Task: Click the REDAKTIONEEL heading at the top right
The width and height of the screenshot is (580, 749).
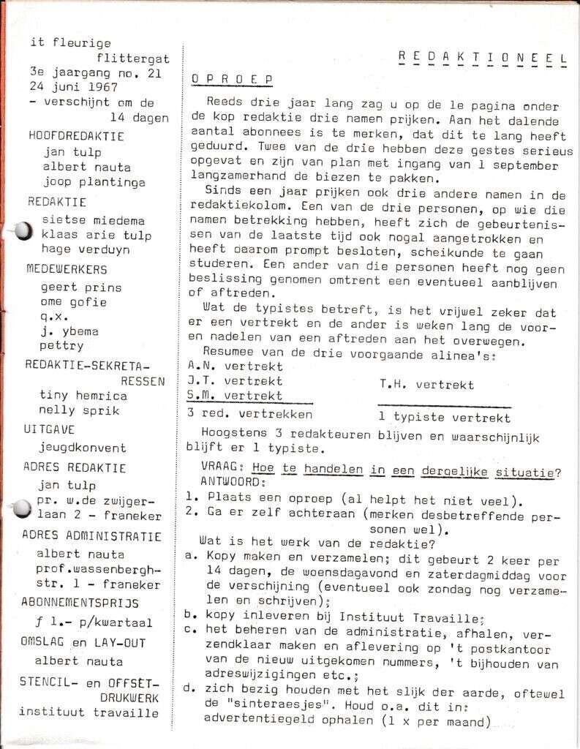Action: [484, 59]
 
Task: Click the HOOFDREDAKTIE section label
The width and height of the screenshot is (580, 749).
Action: [76, 136]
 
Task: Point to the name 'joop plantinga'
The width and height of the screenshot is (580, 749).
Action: [94, 182]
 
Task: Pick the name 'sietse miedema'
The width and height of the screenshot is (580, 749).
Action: [94, 220]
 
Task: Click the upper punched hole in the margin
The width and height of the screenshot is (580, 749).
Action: [22, 231]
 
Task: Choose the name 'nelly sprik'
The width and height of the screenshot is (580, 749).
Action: [79, 410]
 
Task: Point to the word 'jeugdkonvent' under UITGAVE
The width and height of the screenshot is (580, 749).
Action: [83, 448]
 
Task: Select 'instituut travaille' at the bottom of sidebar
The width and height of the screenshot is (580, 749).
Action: [88, 712]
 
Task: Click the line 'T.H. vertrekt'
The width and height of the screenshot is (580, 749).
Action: [426, 385]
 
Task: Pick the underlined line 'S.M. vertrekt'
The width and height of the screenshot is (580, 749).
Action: [235, 396]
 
